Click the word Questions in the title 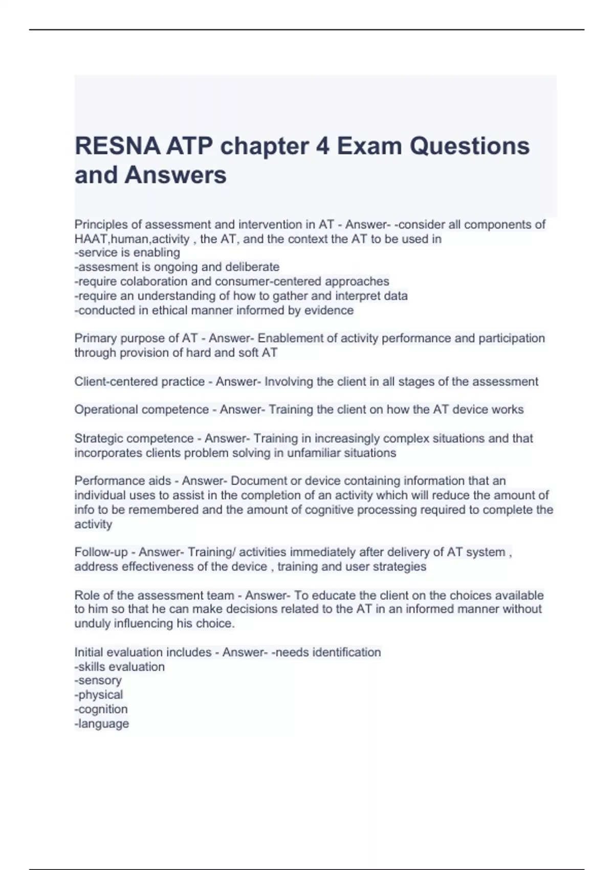tap(469, 146)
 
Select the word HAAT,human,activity tap(132, 239)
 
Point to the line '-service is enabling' tap(127, 253)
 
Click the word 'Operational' tap(106, 409)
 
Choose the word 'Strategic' tap(99, 439)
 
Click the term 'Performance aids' tap(123, 481)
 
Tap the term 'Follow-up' tap(101, 552)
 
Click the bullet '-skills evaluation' tap(120, 667)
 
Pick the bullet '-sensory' tap(98, 681)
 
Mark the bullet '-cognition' tap(101, 709)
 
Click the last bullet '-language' tap(102, 724)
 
